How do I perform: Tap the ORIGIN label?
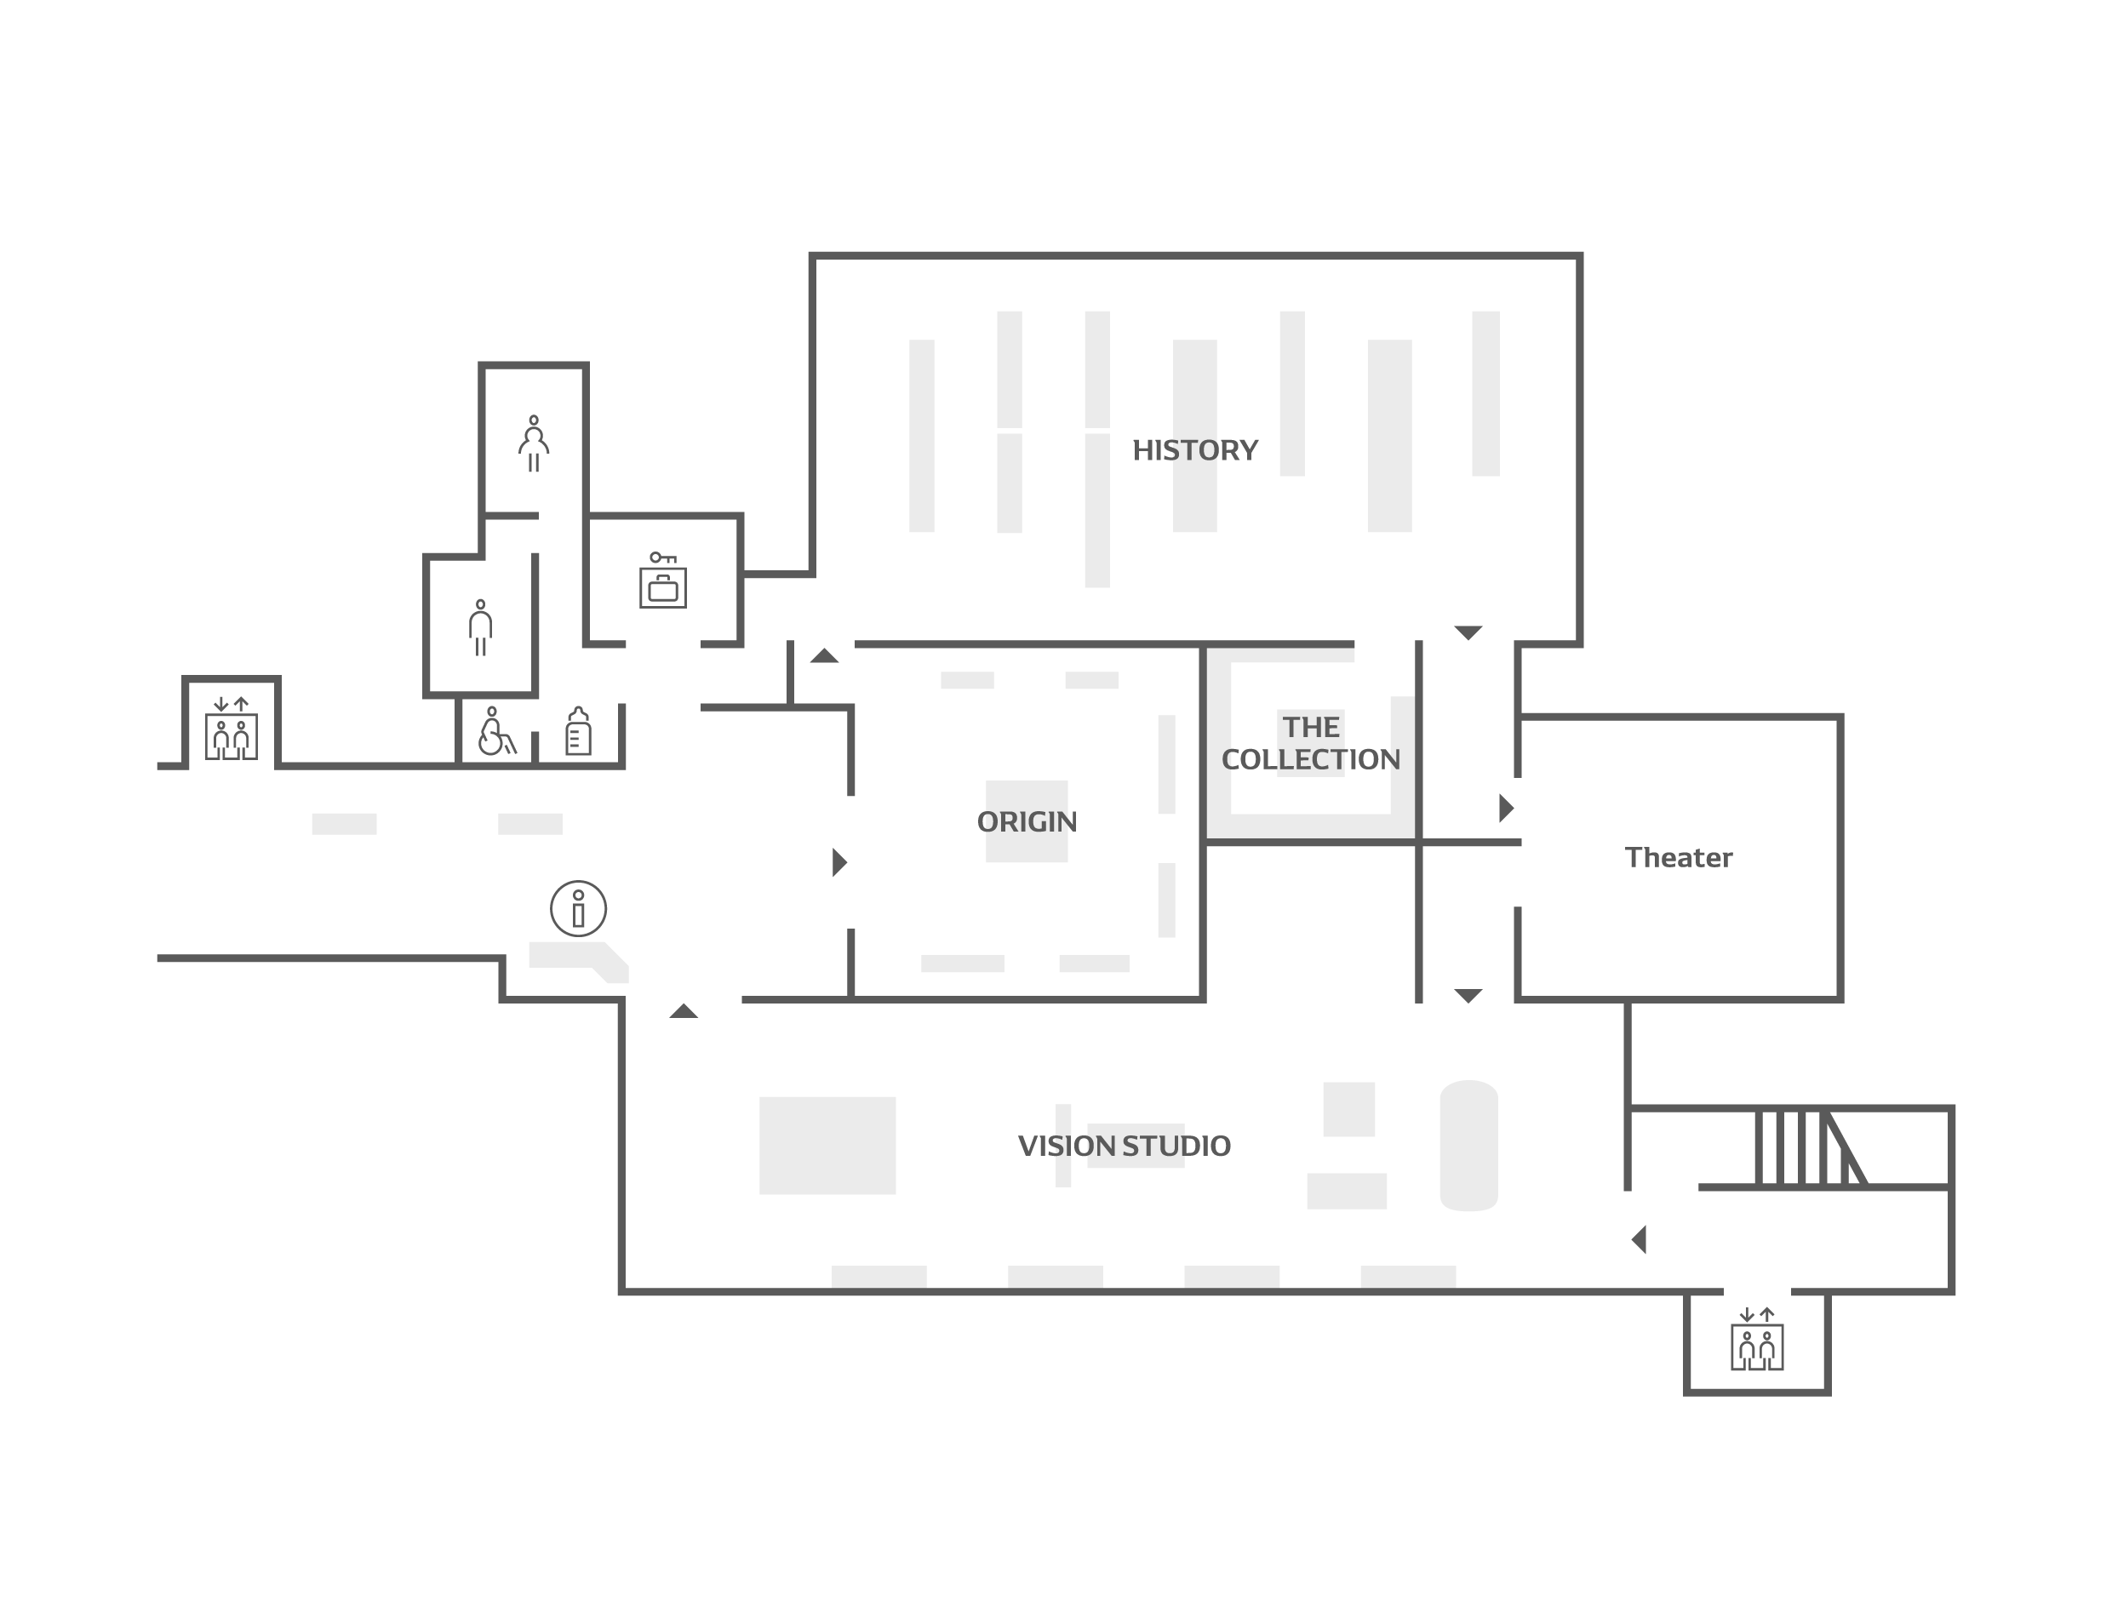coord(1027,821)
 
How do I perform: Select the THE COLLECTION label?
coord(1311,743)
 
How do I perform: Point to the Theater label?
coord(1678,857)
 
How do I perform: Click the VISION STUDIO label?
coord(1125,1147)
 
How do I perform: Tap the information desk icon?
coord(578,909)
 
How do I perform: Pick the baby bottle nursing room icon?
coord(578,731)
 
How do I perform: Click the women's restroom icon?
coord(534,443)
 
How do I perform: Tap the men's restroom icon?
coord(480,628)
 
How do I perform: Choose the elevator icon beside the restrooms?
coord(231,729)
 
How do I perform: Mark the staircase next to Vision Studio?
coord(1811,1147)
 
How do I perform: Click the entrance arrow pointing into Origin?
coord(839,862)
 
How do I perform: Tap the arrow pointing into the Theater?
coord(1506,808)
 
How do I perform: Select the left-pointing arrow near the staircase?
coord(1639,1239)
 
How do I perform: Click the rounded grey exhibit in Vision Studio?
coord(1468,1146)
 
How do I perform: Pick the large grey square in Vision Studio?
coord(827,1146)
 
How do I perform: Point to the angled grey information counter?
coord(578,961)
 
